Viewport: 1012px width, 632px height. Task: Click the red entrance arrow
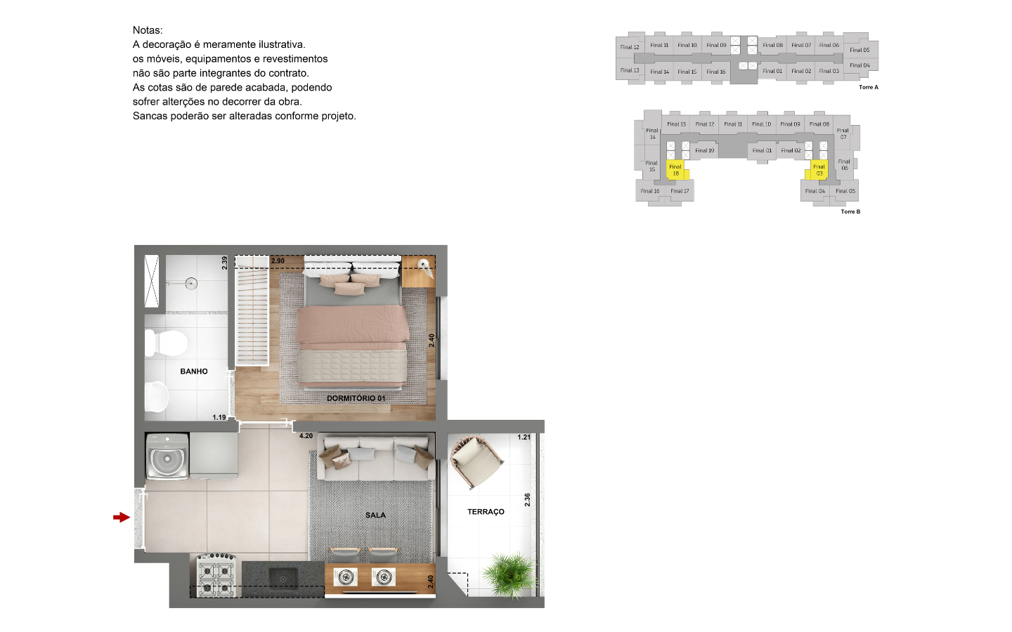point(122,518)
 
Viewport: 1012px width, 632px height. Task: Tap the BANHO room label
point(194,371)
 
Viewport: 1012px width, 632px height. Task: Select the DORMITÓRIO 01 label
point(356,398)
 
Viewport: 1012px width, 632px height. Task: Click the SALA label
point(375,515)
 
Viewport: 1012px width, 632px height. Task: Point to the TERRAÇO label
point(486,511)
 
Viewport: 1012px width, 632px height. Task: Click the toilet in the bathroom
point(166,343)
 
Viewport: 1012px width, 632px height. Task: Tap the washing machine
point(167,456)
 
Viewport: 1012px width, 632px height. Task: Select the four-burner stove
point(216,576)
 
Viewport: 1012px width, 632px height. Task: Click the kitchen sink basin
point(283,579)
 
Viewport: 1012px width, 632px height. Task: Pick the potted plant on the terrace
point(510,574)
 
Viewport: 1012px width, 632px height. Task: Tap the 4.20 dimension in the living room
point(306,436)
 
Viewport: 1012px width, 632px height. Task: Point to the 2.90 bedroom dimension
point(278,261)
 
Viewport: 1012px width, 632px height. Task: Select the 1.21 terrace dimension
point(524,437)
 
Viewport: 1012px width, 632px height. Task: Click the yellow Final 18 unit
point(677,170)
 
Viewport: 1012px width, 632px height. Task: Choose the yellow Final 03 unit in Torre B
point(817,170)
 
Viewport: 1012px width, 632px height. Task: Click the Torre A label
point(869,87)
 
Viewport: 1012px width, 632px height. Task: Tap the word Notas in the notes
point(148,30)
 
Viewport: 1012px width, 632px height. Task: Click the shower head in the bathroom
point(191,284)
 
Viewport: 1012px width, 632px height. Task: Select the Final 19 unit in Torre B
point(705,150)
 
